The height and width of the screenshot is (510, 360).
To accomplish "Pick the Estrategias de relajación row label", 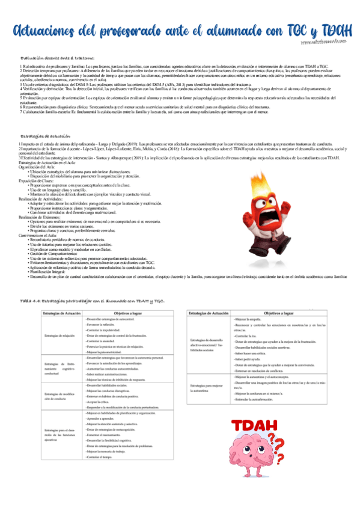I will (60, 336).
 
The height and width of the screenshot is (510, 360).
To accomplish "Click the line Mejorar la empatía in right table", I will (247, 321).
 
